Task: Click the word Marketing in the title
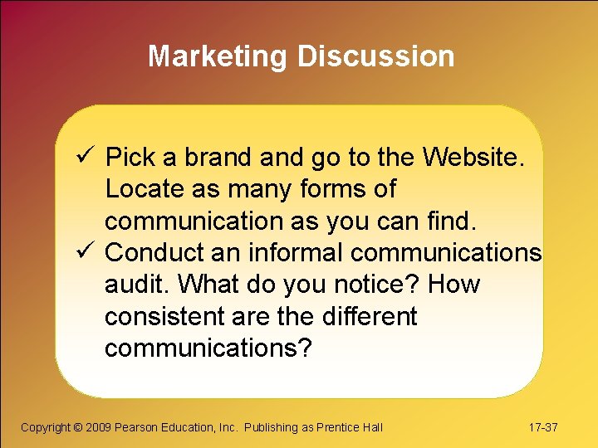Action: [x=218, y=56]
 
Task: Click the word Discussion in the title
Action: [x=376, y=56]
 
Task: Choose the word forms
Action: [x=339, y=188]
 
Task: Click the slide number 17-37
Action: [x=543, y=427]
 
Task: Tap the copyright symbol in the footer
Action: [x=77, y=427]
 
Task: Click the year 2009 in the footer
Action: [x=97, y=427]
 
